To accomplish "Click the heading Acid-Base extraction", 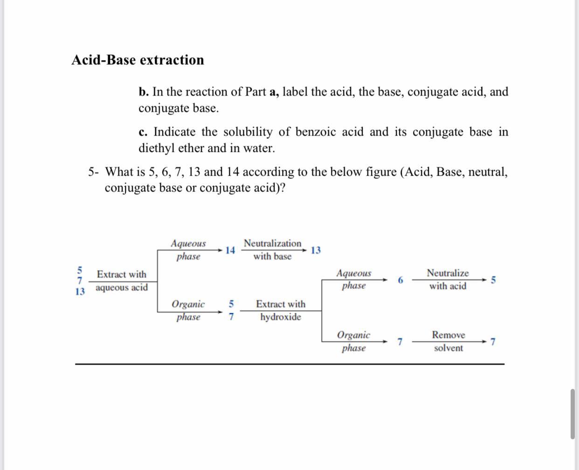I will pyautogui.click(x=138, y=60).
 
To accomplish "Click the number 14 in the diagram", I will pyautogui.click(x=230, y=250).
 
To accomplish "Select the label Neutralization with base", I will pyautogui.click(x=272, y=250).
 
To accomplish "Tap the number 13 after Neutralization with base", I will pyautogui.click(x=316, y=250).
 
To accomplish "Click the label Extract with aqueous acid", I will pyautogui.click(x=122, y=281).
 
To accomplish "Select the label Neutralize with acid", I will pyautogui.click(x=448, y=279).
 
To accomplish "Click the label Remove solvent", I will pyautogui.click(x=448, y=341).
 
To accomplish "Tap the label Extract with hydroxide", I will pyautogui.click(x=281, y=310).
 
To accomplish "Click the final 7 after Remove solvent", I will pyautogui.click(x=493, y=342).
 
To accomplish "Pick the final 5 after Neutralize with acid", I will pyautogui.click(x=494, y=280).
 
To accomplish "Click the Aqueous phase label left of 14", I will pyautogui.click(x=188, y=250).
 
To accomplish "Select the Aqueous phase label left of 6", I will pyautogui.click(x=354, y=279).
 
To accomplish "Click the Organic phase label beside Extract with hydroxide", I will pyautogui.click(x=188, y=310).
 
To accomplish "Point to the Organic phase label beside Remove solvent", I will pyautogui.click(x=354, y=341).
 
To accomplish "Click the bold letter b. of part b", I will pyautogui.click(x=143, y=92).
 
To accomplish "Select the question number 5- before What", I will pyautogui.click(x=93, y=172).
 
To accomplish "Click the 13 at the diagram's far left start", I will pyautogui.click(x=80, y=292).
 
